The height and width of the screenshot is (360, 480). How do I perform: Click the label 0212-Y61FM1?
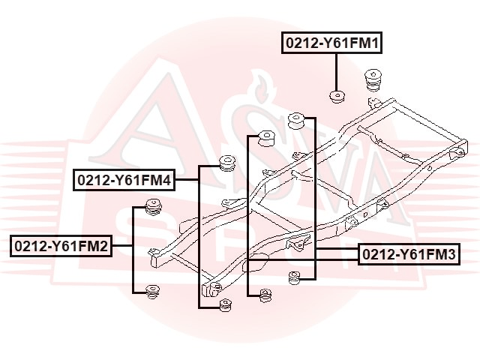click(331, 43)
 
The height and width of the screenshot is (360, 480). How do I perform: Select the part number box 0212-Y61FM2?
click(61, 246)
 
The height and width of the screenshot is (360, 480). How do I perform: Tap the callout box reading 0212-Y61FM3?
click(409, 254)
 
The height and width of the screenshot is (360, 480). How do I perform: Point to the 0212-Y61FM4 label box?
click(124, 180)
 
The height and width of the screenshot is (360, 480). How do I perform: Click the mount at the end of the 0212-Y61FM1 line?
click(337, 97)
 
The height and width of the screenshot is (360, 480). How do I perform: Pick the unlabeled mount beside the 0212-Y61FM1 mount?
click(373, 79)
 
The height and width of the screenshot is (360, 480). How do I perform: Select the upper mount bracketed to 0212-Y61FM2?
click(153, 207)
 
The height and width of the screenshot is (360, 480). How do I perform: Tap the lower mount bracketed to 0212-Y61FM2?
click(152, 292)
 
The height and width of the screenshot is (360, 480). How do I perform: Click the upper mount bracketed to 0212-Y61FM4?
click(227, 163)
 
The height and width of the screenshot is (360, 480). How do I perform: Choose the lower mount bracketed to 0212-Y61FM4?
click(226, 305)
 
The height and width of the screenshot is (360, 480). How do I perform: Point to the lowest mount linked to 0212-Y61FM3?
click(265, 295)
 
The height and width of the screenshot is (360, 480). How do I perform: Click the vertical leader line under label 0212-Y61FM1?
click(337, 72)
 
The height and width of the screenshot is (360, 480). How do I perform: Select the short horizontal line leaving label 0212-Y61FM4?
click(187, 180)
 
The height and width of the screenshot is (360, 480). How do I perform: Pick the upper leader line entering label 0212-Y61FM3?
click(337, 250)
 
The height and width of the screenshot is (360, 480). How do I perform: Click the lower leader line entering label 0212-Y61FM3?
click(302, 260)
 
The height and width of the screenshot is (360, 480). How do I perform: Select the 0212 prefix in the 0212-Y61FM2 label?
click(30, 246)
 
